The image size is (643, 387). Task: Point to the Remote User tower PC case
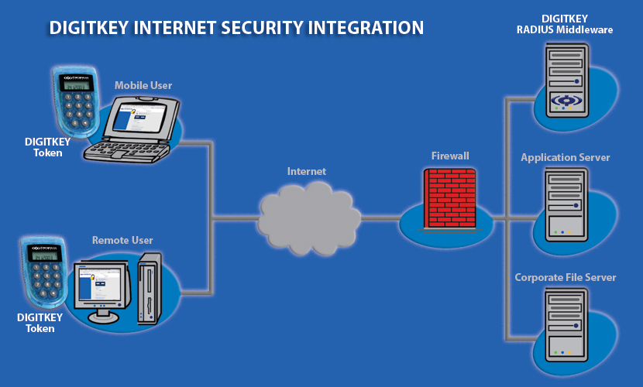[x=149, y=287]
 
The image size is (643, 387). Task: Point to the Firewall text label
[x=450, y=156]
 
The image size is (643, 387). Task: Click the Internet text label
[x=307, y=171]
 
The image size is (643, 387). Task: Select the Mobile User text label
[x=143, y=85]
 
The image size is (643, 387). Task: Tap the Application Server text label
[x=565, y=158]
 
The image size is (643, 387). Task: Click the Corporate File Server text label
[x=565, y=277]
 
